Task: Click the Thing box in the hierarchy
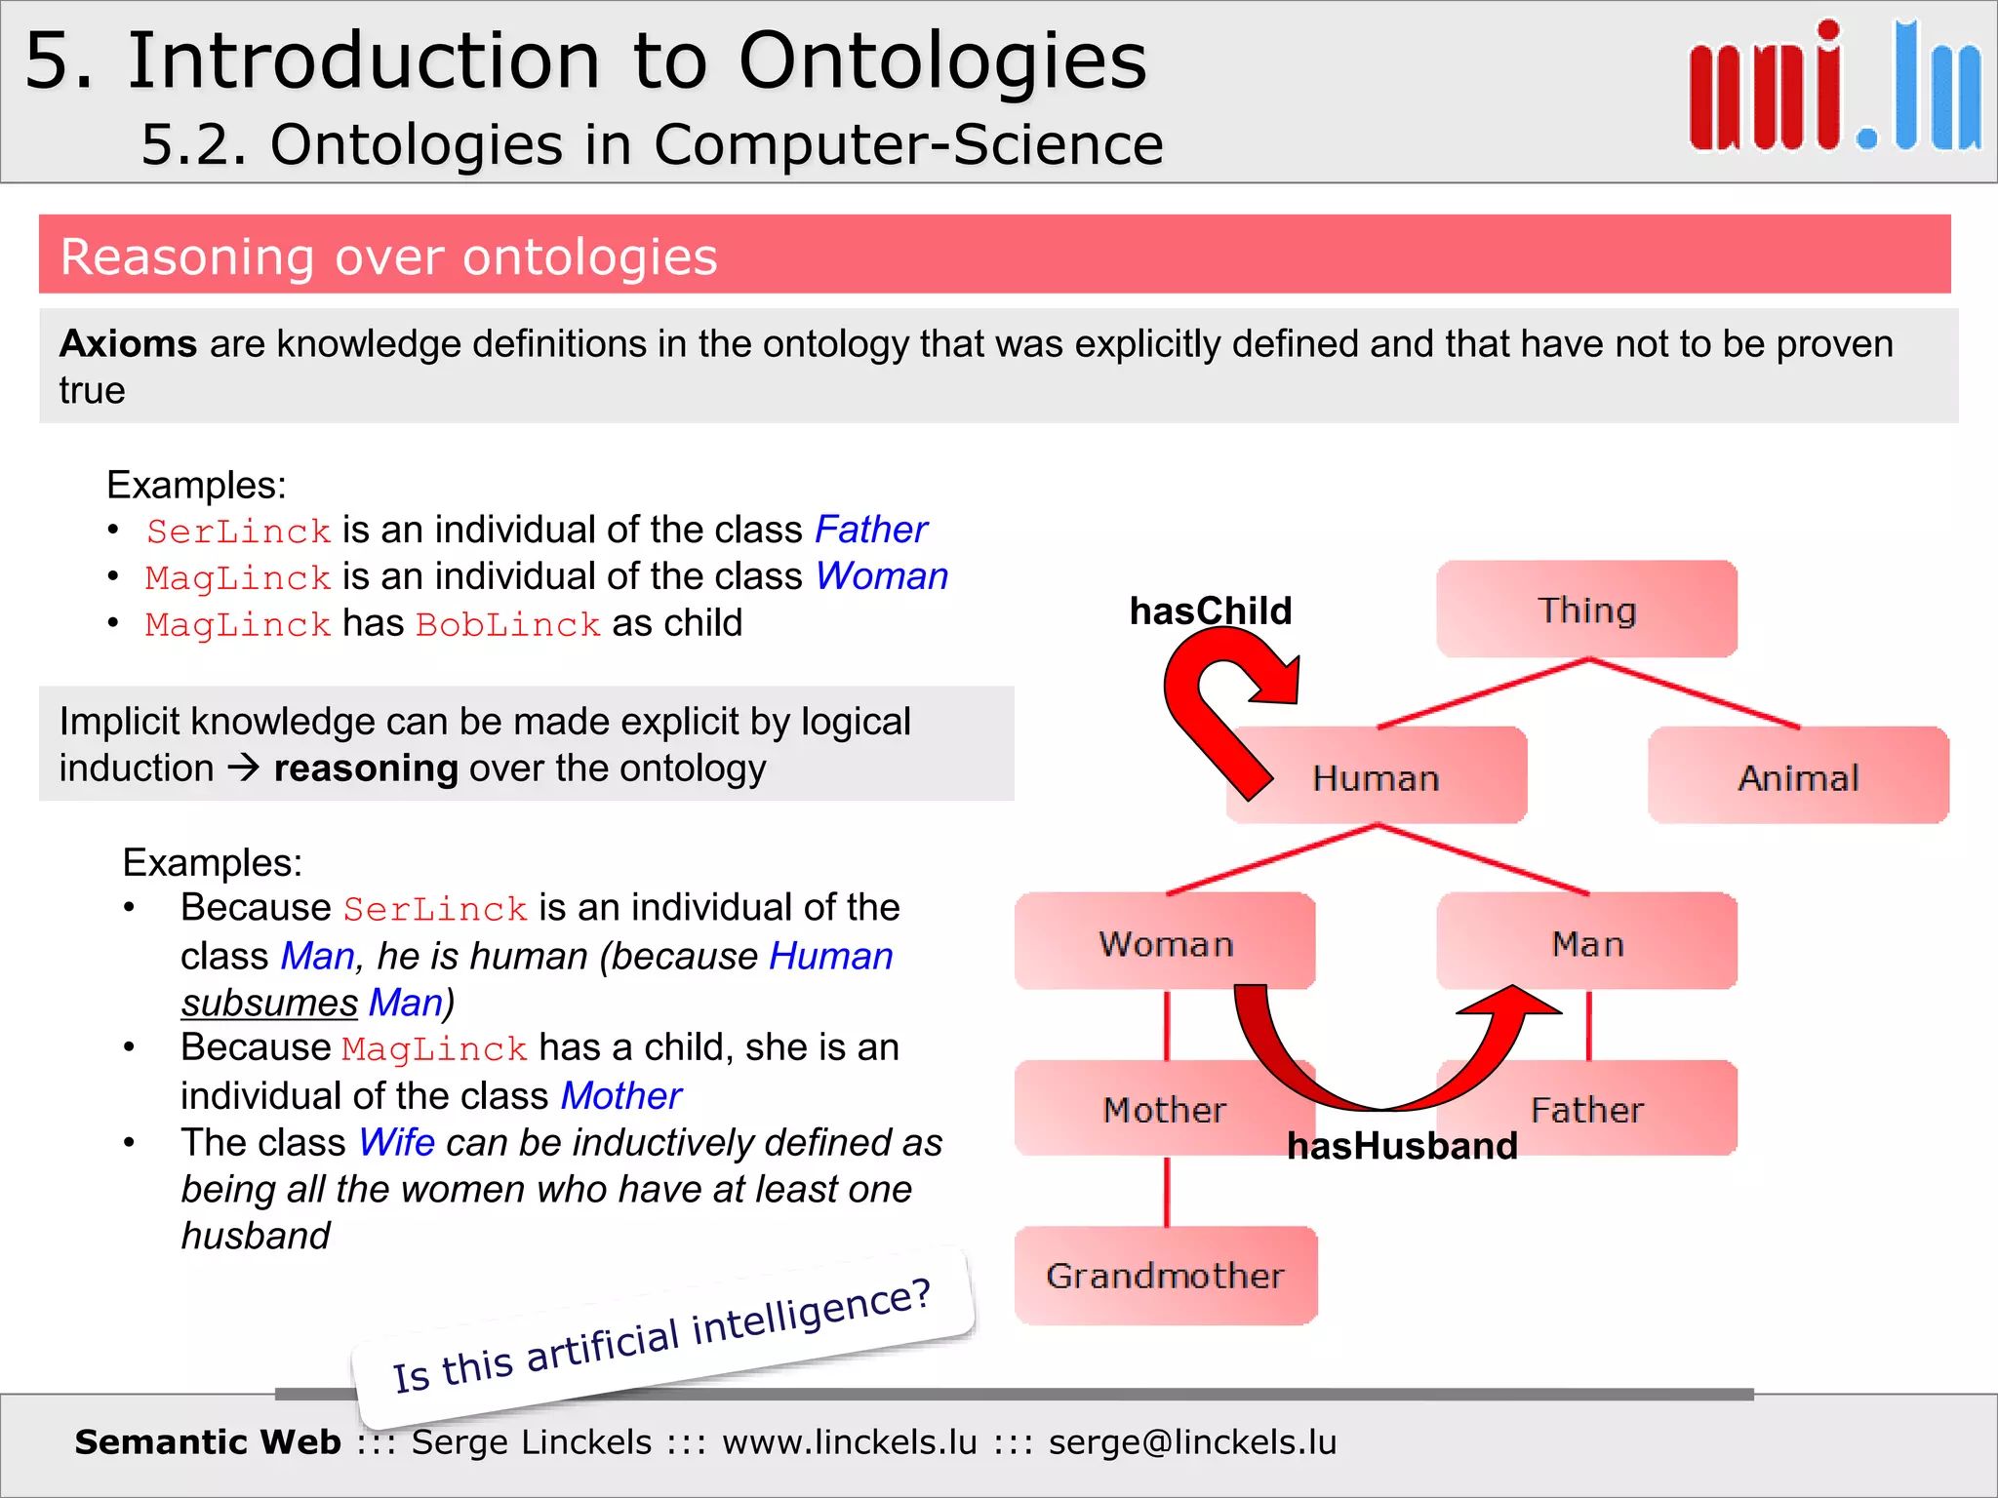(x=1586, y=610)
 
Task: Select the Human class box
(x=1376, y=777)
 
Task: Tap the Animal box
(x=1798, y=777)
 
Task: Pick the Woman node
(x=1165, y=942)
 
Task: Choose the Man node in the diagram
(x=1587, y=942)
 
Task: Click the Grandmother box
(x=1165, y=1275)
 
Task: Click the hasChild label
(x=1210, y=611)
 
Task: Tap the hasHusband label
(x=1402, y=1145)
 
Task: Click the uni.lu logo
(x=1834, y=88)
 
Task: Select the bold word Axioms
(x=128, y=343)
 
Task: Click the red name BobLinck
(x=507, y=624)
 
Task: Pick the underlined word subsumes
(x=269, y=1003)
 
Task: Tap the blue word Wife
(x=396, y=1142)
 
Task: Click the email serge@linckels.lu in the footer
(x=1192, y=1441)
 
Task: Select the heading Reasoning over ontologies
(x=388, y=256)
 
